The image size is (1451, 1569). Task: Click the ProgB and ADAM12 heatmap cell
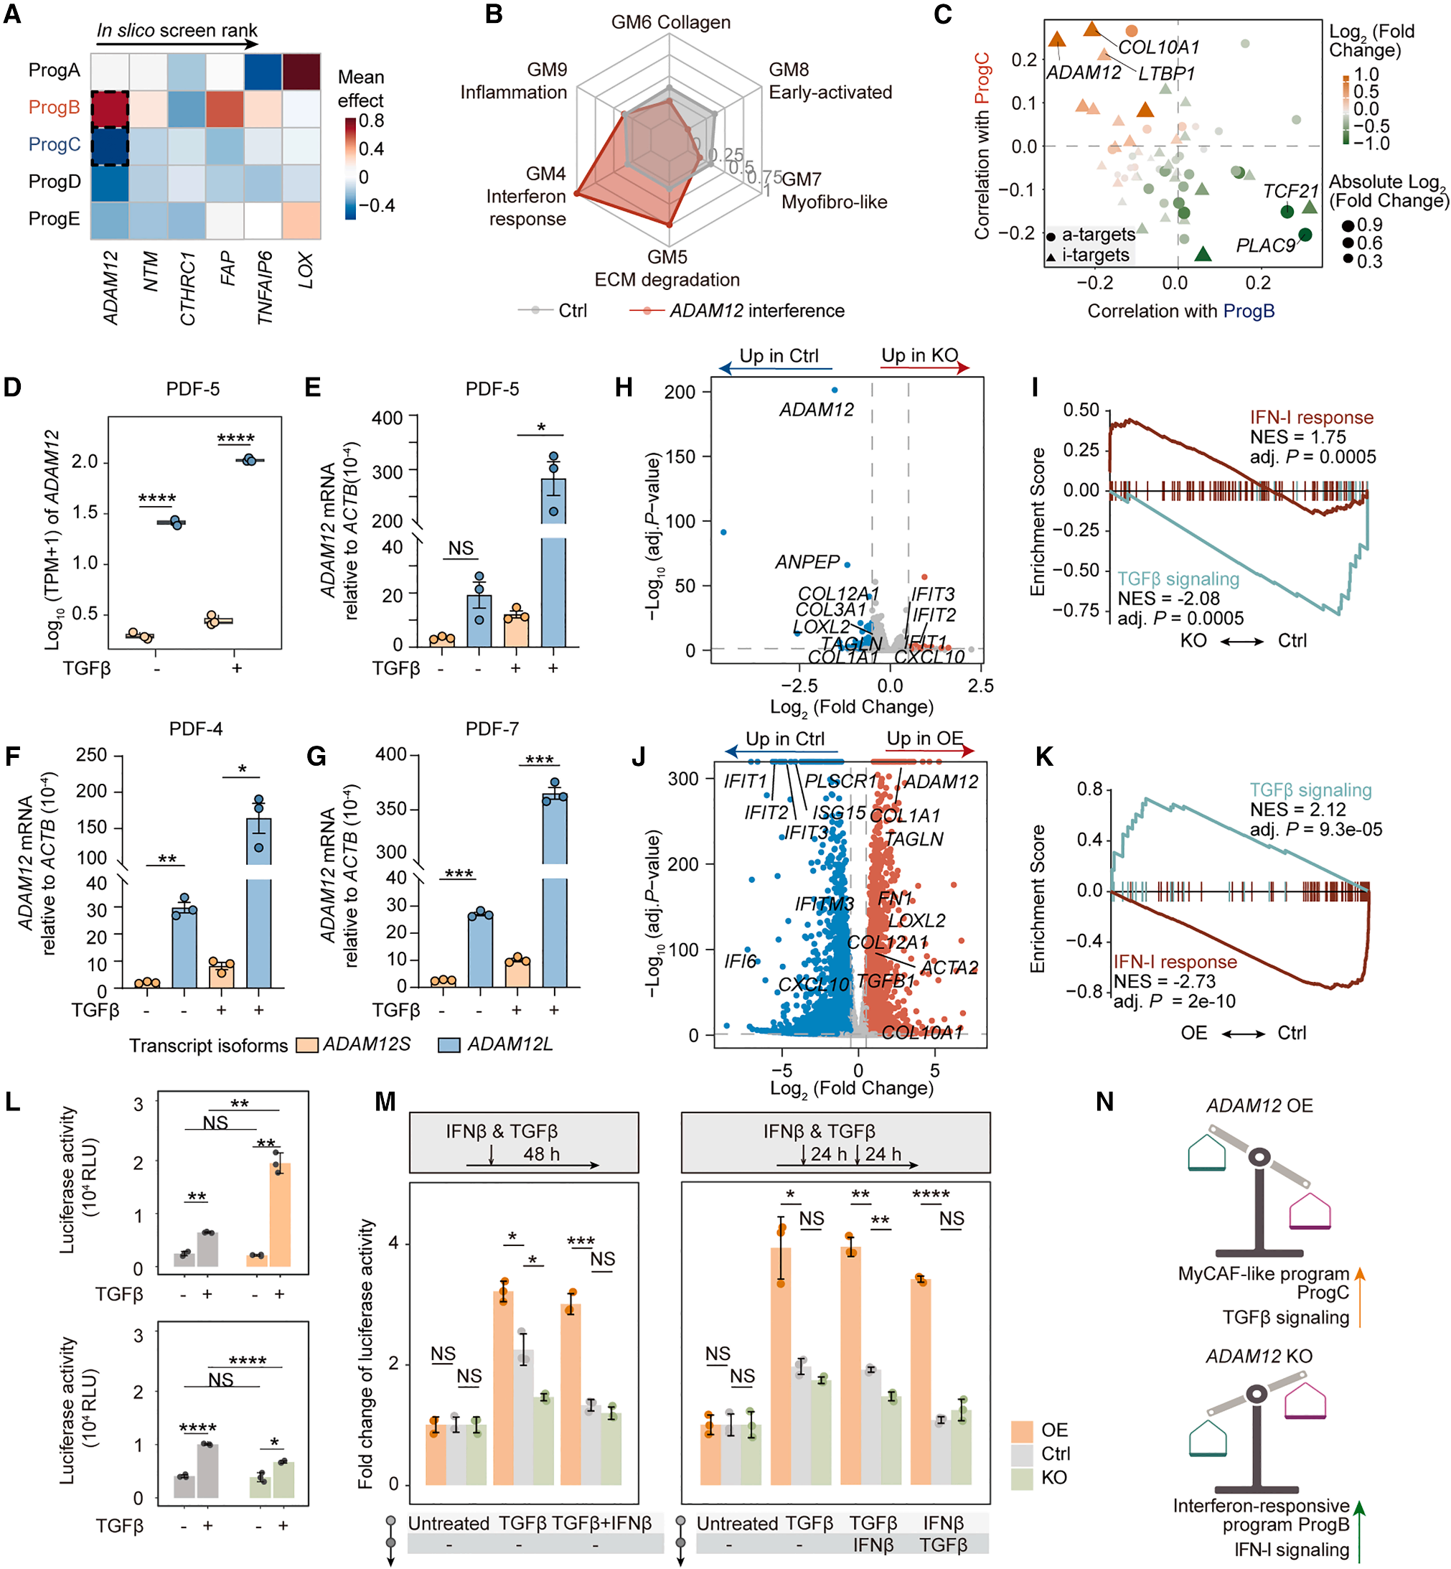pos(110,108)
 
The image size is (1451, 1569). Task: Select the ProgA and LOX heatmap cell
pos(301,72)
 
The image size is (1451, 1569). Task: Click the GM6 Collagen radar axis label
pos(670,22)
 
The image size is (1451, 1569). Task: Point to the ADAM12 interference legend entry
pos(756,311)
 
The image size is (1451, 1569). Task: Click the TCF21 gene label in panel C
pos(1290,191)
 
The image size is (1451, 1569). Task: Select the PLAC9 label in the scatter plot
pos(1265,245)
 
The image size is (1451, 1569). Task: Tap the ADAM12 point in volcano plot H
pos(835,390)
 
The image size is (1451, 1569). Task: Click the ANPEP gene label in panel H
pos(807,562)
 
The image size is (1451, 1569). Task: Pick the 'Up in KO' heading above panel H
pos(919,355)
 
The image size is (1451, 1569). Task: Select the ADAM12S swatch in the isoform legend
pos(307,1045)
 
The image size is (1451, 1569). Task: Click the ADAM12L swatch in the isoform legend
pos(449,1045)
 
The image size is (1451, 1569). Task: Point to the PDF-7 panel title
pos(492,729)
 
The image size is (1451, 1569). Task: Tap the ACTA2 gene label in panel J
pos(949,968)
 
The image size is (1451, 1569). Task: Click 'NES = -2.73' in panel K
pos(1165,982)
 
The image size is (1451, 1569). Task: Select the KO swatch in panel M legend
pos(1021,1478)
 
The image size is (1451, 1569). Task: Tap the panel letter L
pos(13,1102)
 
